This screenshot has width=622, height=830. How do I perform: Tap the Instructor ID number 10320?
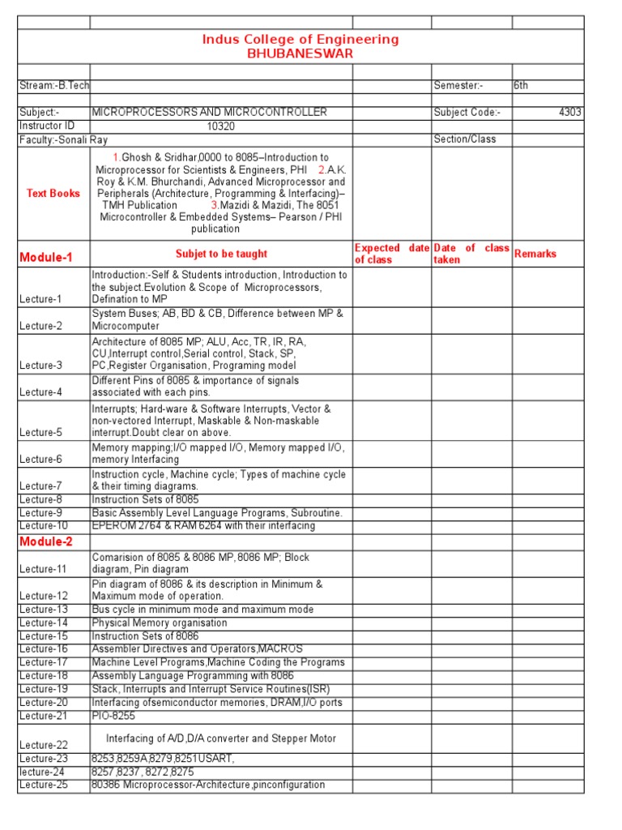coord(220,126)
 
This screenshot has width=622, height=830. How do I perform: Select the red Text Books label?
coord(53,194)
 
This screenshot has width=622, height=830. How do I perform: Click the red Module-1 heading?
coord(46,258)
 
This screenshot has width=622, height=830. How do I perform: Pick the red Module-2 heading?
coord(46,541)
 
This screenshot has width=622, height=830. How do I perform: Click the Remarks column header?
coord(535,254)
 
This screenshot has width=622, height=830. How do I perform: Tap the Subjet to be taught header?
coord(221,254)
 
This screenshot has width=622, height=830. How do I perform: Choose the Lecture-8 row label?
coord(41,500)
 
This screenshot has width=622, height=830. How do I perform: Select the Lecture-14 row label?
coord(44,622)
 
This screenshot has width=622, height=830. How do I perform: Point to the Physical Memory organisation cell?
coord(160,622)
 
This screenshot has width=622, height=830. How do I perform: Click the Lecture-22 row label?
coord(44,745)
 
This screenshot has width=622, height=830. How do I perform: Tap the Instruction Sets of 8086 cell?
coord(145,636)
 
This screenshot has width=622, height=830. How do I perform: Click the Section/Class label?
coord(465,139)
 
